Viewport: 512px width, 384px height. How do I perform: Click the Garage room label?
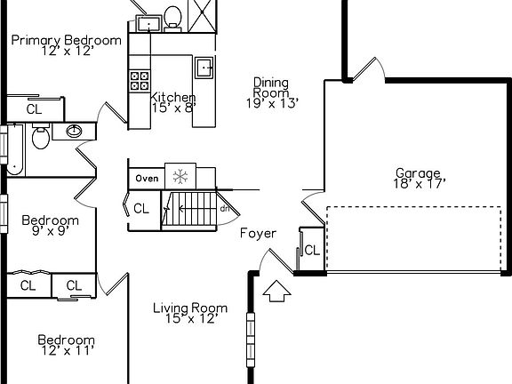pos(419,173)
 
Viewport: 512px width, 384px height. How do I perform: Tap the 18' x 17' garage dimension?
pos(420,184)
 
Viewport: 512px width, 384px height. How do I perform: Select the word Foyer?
pos(259,233)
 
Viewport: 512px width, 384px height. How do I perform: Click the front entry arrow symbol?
pos(277,291)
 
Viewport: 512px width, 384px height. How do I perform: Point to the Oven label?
pos(147,179)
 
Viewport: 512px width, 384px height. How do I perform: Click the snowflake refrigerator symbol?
pos(180,177)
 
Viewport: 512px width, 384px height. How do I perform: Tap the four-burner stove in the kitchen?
pos(140,81)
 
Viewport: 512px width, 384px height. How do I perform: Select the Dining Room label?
pos(271,87)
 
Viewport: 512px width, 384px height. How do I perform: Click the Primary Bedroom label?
pos(67,40)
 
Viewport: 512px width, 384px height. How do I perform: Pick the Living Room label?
pos(190,308)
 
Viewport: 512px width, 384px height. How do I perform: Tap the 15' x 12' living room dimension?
pos(191,318)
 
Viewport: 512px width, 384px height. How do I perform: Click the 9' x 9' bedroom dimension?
pos(51,231)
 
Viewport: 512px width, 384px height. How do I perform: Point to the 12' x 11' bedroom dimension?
pos(68,351)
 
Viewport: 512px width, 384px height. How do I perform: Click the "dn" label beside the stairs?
pos(225,209)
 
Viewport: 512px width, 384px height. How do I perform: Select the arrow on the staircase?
pos(196,209)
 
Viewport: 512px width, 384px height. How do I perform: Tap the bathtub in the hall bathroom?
pos(15,149)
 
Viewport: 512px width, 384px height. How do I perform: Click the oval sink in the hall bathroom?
pos(74,131)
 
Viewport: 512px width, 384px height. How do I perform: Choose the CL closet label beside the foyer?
pos(312,251)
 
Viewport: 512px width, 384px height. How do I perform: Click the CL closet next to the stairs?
pos(141,208)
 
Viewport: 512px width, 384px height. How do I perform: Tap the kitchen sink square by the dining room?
pos(204,68)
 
